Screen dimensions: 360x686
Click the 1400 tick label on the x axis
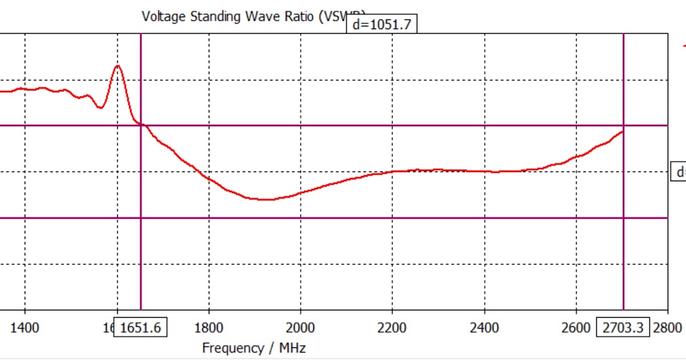pyautogui.click(x=25, y=327)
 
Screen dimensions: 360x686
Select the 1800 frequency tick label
pyautogui.click(x=209, y=327)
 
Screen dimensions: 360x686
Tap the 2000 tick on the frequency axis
pyautogui.click(x=301, y=327)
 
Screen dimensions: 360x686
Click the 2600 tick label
pyautogui.click(x=576, y=327)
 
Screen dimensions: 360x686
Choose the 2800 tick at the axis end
pyautogui.click(x=668, y=327)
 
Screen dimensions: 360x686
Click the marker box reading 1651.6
pyautogui.click(x=141, y=327)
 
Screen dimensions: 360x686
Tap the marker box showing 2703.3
pyautogui.click(x=623, y=327)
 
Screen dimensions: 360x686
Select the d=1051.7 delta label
pyautogui.click(x=381, y=25)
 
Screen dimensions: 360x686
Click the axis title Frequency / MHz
pyautogui.click(x=254, y=347)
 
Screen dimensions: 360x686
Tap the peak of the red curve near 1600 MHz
pyautogui.click(x=118, y=66)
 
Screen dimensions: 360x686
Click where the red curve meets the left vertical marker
pyautogui.click(x=141, y=124)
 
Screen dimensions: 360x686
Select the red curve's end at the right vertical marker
pyautogui.click(x=622, y=132)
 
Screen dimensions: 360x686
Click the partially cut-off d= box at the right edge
pyautogui.click(x=679, y=172)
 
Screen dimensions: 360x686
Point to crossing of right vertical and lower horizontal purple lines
pyautogui.click(x=623, y=218)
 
